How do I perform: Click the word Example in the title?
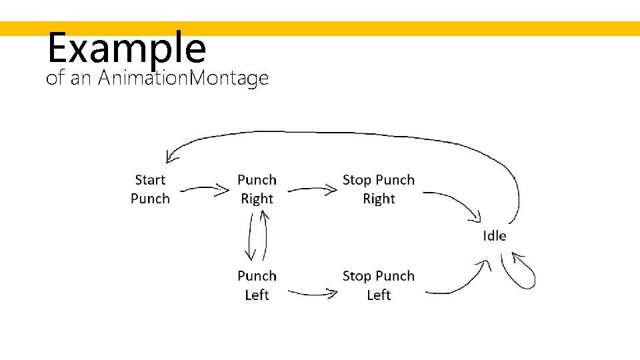pyautogui.click(x=127, y=48)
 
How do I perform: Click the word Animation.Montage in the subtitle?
pyautogui.click(x=183, y=79)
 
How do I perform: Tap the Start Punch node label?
pyautogui.click(x=150, y=189)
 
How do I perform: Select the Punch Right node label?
pyautogui.click(x=257, y=189)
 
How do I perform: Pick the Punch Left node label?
pyautogui.click(x=257, y=285)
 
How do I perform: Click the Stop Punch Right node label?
pyautogui.click(x=378, y=189)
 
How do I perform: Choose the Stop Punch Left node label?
pyautogui.click(x=378, y=285)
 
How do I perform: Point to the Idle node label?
pyautogui.click(x=494, y=236)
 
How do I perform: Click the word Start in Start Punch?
pyautogui.click(x=150, y=180)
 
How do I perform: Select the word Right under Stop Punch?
pyautogui.click(x=379, y=199)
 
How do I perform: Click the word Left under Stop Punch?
pyautogui.click(x=378, y=295)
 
